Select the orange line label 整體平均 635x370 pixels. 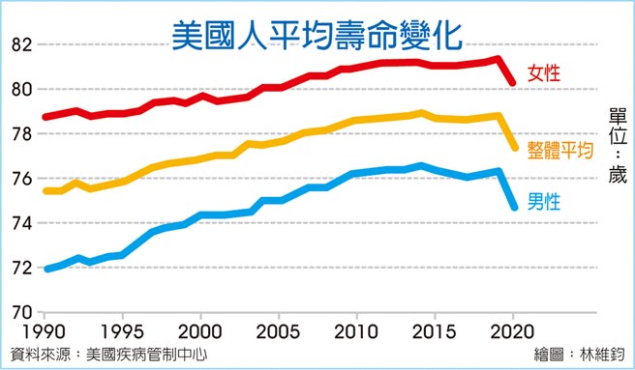559,150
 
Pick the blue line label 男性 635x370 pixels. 545,204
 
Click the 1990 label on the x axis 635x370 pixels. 45,331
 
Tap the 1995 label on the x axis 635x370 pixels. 122,331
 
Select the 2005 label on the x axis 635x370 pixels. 279,331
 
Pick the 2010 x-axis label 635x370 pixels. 357,331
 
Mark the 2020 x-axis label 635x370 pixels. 513,331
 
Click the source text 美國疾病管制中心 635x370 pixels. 145,355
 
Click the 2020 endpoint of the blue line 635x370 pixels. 513,206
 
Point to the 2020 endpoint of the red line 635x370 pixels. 513,83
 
